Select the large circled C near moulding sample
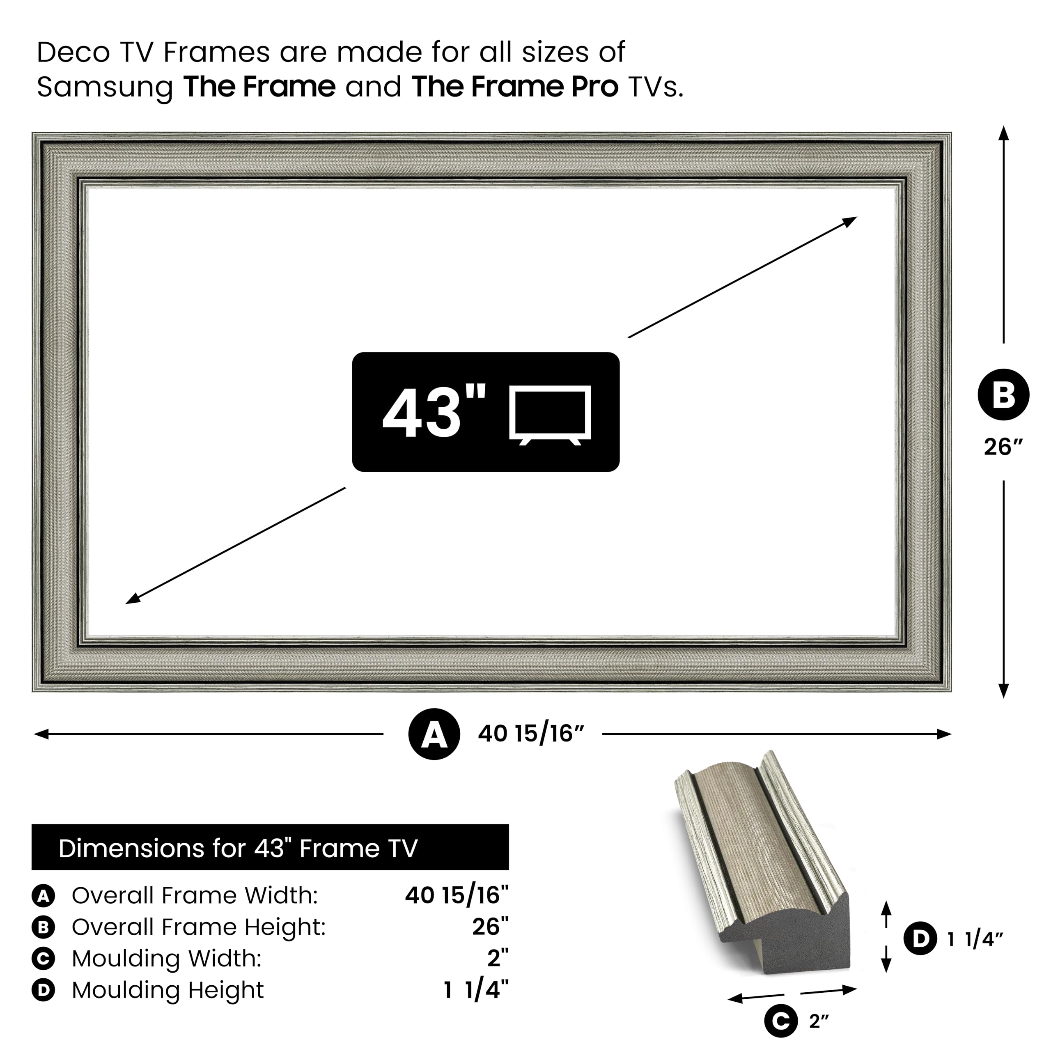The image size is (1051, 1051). point(780,1021)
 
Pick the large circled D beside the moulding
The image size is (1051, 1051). point(920,939)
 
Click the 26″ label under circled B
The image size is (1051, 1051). point(1003,447)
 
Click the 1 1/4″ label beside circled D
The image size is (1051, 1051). point(975,939)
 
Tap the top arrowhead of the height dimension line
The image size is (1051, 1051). point(1004,133)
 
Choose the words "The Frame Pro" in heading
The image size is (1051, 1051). point(514,87)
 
